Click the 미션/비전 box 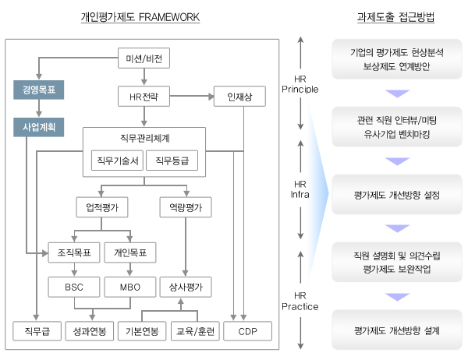[x=144, y=58]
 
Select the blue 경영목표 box [x=39, y=90]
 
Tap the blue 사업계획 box [x=39, y=127]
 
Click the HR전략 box [x=144, y=97]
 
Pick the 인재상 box [x=239, y=97]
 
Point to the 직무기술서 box [x=117, y=161]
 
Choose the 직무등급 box [x=172, y=161]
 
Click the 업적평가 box [x=102, y=207]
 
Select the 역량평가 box [x=186, y=207]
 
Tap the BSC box [x=74, y=287]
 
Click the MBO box [x=130, y=287]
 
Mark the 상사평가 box [x=186, y=287]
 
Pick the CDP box [x=248, y=331]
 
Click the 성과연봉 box [x=90, y=331]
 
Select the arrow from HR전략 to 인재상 [x=192, y=97]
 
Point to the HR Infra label [x=300, y=189]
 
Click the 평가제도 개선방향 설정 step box [x=397, y=195]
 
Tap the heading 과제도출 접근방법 [x=395, y=16]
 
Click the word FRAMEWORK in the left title [x=169, y=17]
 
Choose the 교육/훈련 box [x=195, y=331]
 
